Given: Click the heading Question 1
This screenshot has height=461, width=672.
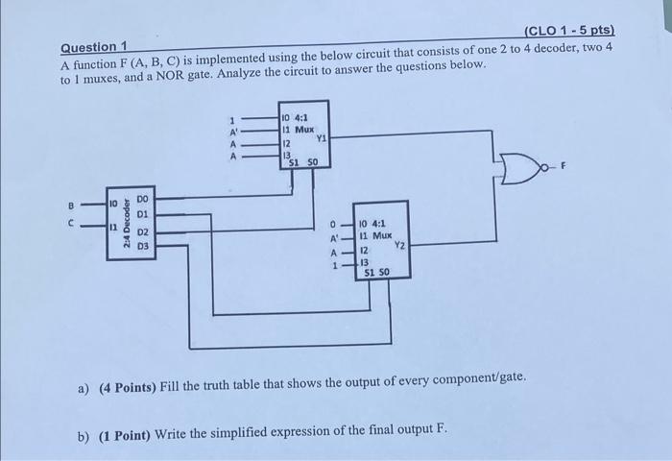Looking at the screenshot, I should click(94, 47).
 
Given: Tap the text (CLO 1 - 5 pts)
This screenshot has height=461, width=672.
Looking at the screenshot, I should click(569, 32).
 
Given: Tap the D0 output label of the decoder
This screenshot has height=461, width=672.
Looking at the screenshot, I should click(142, 199).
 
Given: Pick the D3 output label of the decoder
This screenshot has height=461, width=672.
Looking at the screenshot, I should click(142, 247).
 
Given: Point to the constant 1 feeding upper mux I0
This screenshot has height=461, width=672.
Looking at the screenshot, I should click(233, 119).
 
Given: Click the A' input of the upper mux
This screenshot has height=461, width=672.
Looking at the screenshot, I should click(232, 132).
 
